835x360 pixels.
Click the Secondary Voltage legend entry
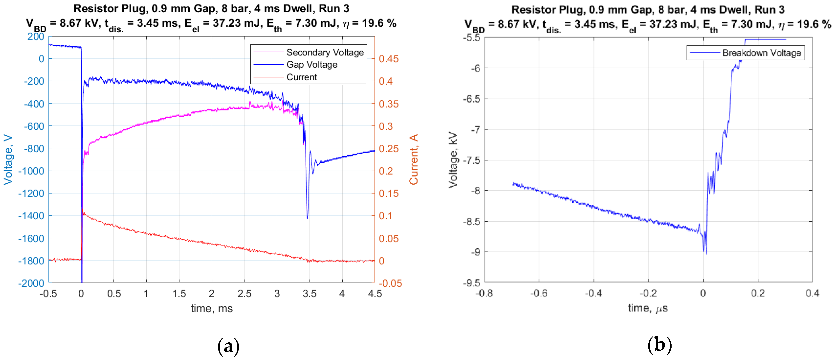pos(324,52)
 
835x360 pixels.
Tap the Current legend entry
pos(302,77)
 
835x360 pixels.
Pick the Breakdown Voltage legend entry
pos(761,53)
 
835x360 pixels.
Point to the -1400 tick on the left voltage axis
pos(31,216)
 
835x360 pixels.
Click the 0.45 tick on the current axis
pos(389,59)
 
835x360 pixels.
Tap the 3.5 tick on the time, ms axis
pos(309,294)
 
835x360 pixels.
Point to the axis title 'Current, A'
pos(414,159)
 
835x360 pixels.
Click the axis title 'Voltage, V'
pos(8,159)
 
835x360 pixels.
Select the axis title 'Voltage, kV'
pos(453,159)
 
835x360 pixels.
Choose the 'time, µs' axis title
pos(648,308)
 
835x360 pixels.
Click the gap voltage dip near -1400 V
pos(307,218)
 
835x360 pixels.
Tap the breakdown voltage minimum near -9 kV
pos(706,253)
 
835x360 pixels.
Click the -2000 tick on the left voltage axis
pos(31,284)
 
